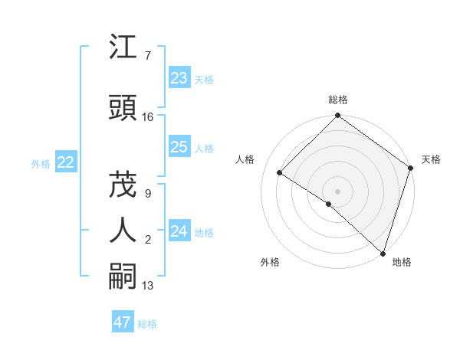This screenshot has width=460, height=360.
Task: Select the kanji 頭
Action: (124, 110)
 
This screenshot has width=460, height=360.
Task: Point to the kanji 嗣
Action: (124, 275)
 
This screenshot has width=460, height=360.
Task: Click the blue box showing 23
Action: (179, 78)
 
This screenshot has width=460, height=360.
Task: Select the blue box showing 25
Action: (179, 147)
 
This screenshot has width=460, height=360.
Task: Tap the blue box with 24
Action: (179, 231)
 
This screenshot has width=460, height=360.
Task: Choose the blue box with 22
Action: (66, 162)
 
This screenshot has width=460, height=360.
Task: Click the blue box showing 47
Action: (123, 322)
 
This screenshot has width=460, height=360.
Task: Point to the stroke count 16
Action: (148, 117)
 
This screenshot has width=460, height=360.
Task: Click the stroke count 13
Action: (148, 286)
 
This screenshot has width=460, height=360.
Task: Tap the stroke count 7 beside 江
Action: (147, 56)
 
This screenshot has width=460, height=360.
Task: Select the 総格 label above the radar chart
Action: (338, 100)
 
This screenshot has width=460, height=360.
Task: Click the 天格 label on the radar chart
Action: (431, 159)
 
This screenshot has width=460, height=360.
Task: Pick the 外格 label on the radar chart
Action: (270, 262)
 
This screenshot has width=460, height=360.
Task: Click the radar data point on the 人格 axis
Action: (280, 172)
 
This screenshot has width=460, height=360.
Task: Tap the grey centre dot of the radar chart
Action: (338, 191)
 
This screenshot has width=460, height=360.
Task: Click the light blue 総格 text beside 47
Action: (148, 324)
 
